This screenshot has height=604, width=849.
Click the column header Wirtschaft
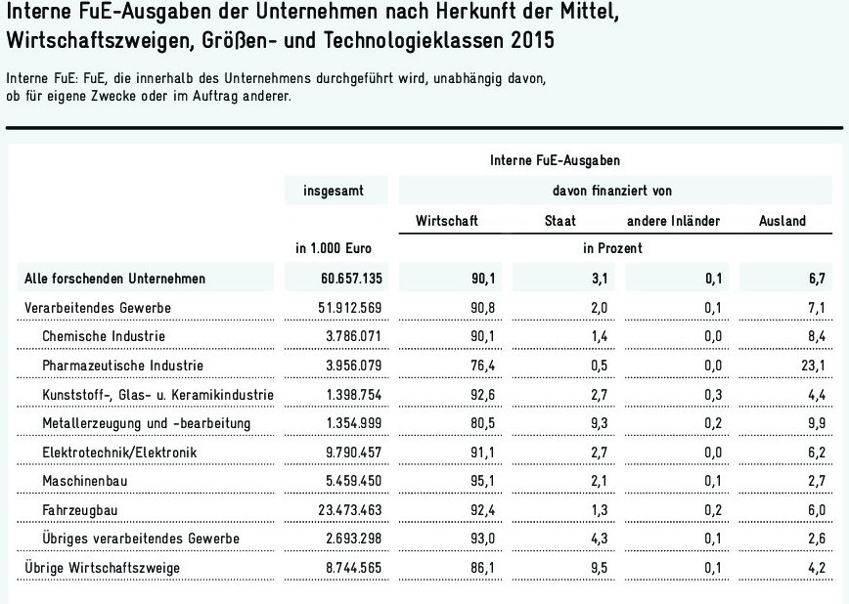[x=447, y=221]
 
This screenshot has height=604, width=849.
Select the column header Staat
[x=559, y=221]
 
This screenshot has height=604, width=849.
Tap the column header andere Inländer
[x=673, y=221]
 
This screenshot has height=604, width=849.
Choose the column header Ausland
[x=782, y=221]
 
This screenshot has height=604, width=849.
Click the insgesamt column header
[x=335, y=191]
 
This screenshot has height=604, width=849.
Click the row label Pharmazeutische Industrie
[x=122, y=366]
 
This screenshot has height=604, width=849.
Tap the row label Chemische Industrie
[x=105, y=336]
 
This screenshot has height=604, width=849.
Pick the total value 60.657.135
[x=349, y=279]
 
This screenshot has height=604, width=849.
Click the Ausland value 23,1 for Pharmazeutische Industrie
[x=814, y=366]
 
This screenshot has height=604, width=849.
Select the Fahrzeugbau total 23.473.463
[x=349, y=510]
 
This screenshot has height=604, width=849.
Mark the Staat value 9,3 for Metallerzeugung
[x=598, y=423]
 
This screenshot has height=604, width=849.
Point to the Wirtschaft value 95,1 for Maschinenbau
[x=485, y=482]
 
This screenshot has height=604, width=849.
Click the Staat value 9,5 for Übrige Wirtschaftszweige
[x=598, y=567]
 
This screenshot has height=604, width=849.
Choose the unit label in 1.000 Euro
[x=335, y=249]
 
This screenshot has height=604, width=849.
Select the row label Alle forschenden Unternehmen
[x=114, y=279]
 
